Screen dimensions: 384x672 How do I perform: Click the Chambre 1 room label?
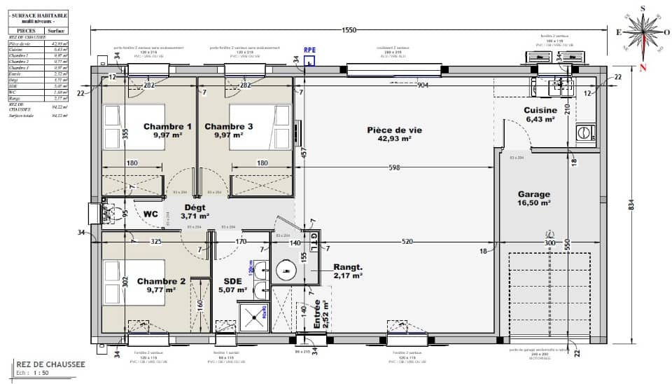[167, 127]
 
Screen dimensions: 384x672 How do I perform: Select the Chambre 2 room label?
[161, 281]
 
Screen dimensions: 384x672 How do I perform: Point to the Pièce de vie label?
[390, 130]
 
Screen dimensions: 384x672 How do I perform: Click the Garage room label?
[534, 195]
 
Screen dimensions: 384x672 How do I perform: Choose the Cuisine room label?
[540, 111]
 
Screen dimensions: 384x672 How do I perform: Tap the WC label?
[150, 214]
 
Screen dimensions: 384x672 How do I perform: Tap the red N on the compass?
[642, 67]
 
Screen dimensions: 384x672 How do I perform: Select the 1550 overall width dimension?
[349, 30]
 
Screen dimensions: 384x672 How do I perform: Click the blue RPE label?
[309, 50]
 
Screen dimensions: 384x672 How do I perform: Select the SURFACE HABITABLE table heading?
[39, 16]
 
